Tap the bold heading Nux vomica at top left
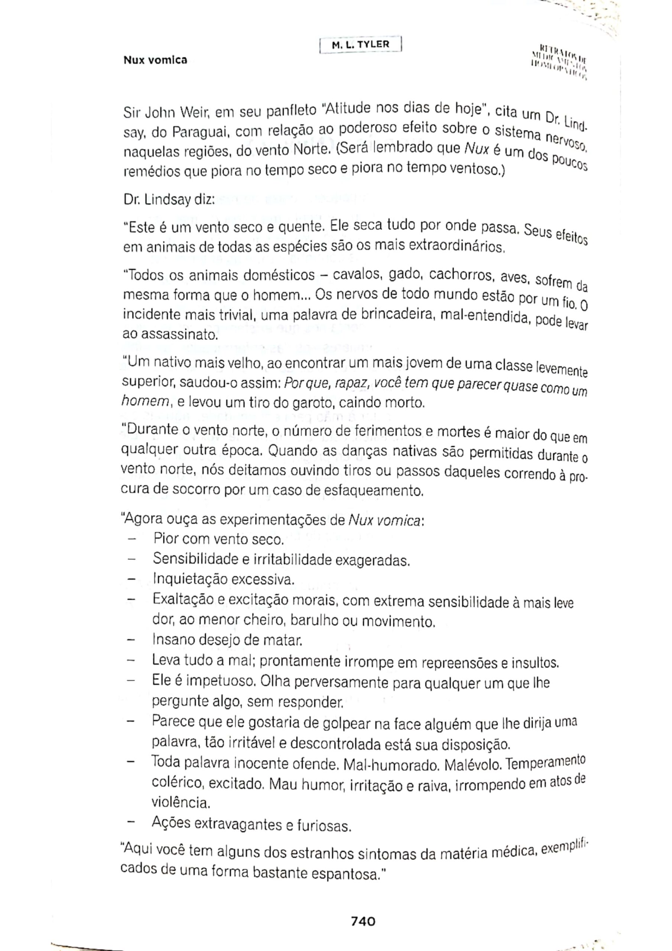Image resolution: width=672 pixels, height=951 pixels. [155, 60]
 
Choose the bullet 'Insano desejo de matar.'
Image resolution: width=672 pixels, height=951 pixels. [227, 640]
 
